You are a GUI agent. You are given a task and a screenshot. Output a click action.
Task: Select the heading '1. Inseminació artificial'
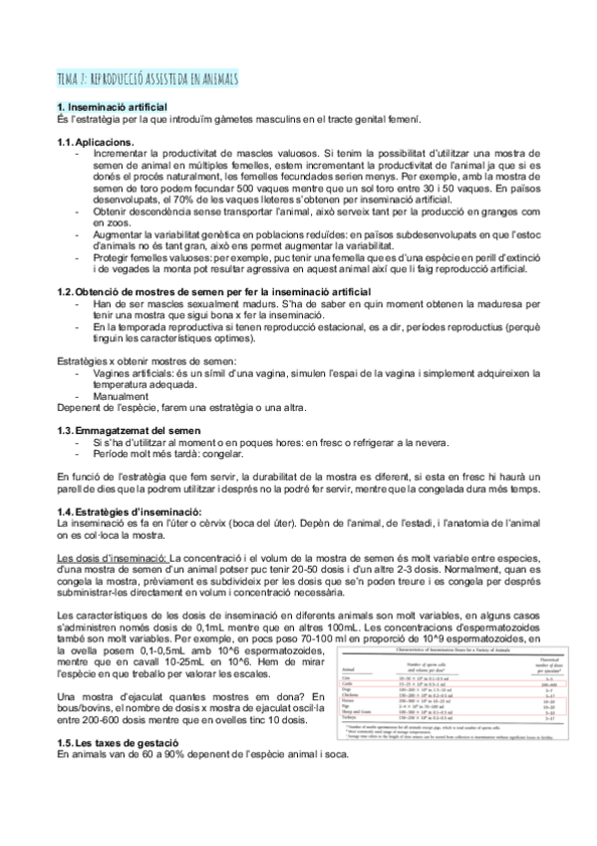[x=112, y=107]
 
